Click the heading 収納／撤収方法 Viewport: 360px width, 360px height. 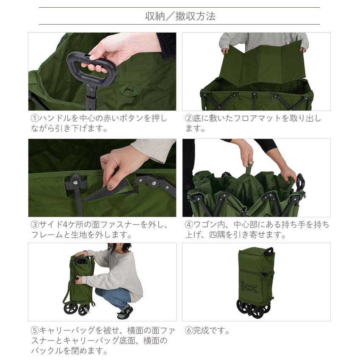click(180, 16)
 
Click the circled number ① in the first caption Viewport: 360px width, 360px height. click(35, 119)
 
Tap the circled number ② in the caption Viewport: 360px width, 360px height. click(189, 119)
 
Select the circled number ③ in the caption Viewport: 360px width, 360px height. click(35, 224)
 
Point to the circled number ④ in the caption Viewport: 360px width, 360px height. click(189, 224)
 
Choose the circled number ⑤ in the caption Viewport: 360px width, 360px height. click(35, 331)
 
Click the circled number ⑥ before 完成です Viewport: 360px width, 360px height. click(189, 331)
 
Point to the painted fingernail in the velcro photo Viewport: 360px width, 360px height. click(110, 187)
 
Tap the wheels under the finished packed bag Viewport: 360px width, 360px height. click(252, 308)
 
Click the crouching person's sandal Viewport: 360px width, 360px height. click(125, 313)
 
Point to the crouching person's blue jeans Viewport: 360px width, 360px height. click(114, 296)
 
